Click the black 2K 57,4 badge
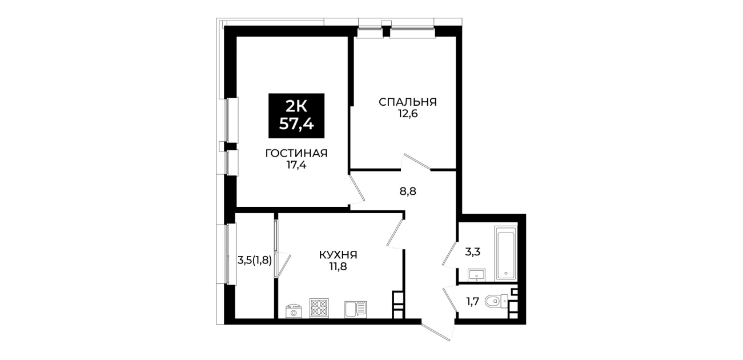[x=296, y=115]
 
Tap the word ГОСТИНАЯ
[x=296, y=153]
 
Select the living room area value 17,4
[x=296, y=165]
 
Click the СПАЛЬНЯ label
[x=408, y=102]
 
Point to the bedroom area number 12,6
[x=408, y=114]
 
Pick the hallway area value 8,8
[x=408, y=191]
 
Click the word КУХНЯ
[x=338, y=255]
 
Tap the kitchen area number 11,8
[x=338, y=266]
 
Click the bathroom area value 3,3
[x=472, y=252]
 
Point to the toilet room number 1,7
[x=472, y=302]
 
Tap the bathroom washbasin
[x=477, y=275]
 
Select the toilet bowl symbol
[x=496, y=302]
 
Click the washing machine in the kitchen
[x=294, y=311]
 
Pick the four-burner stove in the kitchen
[x=319, y=308]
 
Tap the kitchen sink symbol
[x=356, y=309]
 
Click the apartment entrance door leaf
[x=436, y=333]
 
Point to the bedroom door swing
[x=416, y=162]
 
